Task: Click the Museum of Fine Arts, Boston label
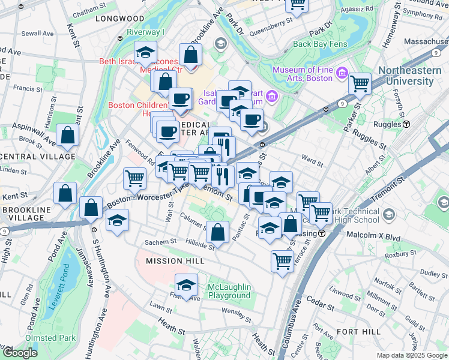tap(303, 74)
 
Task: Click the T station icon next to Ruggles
tap(406, 124)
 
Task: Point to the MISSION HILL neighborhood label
tap(175, 261)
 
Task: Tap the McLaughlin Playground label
tap(229, 291)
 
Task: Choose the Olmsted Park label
tap(51, 338)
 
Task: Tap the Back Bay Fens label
tap(318, 44)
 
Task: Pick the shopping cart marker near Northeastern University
tap(360, 85)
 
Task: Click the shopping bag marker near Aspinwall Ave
tap(67, 136)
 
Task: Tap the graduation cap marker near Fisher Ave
tap(187, 286)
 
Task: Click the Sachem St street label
tap(160, 241)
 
